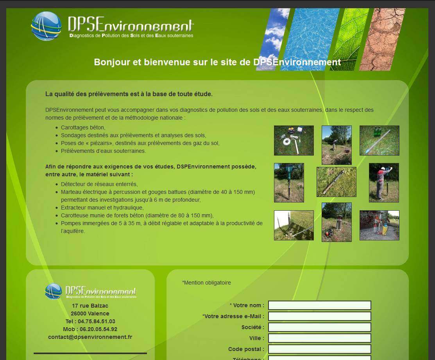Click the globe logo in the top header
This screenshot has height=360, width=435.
47,26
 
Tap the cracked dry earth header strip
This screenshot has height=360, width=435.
382,39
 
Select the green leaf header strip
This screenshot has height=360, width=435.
349,39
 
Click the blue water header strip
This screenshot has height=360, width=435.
310,39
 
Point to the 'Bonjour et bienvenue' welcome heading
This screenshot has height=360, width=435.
217,62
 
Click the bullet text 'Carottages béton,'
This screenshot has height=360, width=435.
83,127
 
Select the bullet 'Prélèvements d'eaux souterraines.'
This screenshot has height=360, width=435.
103,151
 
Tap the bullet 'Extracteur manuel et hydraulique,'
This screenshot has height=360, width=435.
102,208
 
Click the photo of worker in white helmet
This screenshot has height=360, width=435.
384,183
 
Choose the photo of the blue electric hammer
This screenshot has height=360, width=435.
289,183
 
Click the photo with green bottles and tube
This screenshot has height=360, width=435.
379,140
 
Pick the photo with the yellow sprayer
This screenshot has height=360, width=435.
379,225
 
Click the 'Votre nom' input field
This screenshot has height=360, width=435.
320,305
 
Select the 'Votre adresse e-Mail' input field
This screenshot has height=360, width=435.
320,316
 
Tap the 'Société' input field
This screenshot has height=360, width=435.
320,327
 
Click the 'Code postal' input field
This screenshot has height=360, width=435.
320,349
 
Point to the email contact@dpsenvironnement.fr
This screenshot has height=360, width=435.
90,337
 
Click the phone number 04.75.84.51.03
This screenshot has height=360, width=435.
96,321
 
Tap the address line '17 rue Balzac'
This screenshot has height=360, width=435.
90,306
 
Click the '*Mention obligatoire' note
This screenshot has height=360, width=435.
206,283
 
